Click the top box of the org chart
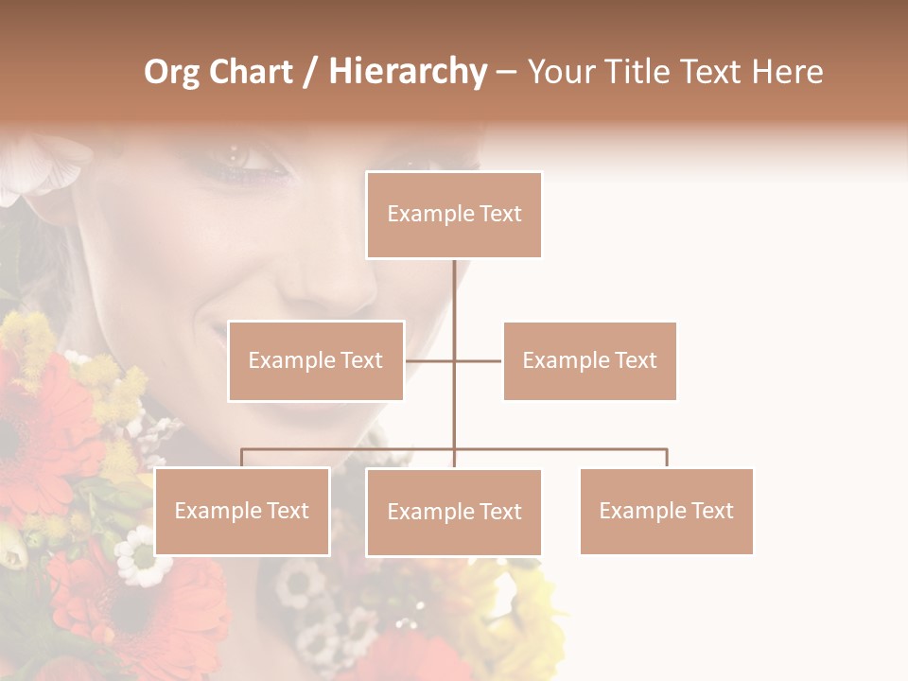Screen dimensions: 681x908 [454, 215]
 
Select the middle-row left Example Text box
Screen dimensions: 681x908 [316, 360]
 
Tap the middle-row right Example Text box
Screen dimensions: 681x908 [589, 360]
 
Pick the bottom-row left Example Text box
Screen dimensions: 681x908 [242, 511]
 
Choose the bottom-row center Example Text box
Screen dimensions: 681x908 [454, 512]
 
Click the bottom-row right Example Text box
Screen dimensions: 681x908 [666, 511]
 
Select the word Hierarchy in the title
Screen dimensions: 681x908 [408, 72]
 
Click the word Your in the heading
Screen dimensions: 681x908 [562, 72]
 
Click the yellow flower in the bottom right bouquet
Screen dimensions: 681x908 [530, 605]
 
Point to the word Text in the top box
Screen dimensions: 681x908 [499, 215]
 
